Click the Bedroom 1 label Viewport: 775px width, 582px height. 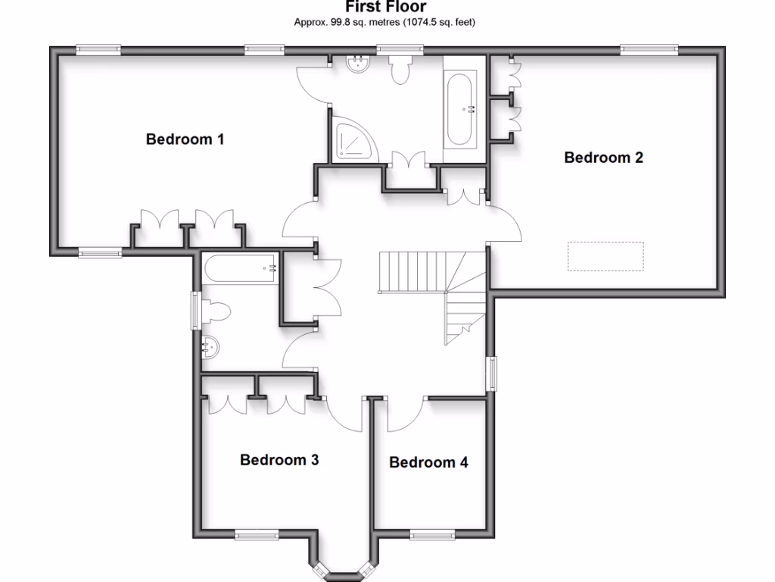point(185,139)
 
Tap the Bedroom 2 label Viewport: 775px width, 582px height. point(603,158)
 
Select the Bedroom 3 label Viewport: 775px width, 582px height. point(279,460)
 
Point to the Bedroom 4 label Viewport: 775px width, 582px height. point(428,462)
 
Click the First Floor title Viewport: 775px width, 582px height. point(385,8)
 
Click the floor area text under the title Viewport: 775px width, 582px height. point(384,23)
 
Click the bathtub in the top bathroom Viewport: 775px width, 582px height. point(462,109)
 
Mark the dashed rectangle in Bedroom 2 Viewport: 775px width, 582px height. point(606,256)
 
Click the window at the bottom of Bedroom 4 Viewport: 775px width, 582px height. point(432,535)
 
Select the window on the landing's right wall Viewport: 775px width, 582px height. point(492,374)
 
